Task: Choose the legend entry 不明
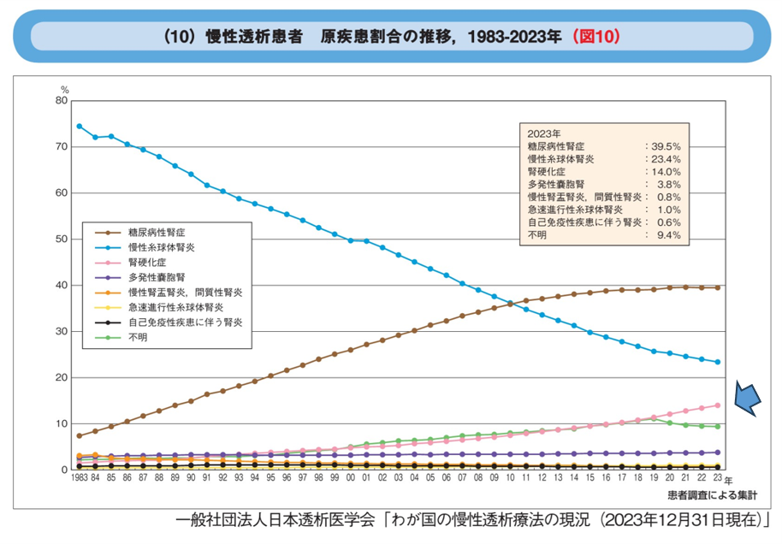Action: coord(138,339)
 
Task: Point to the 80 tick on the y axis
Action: coord(61,100)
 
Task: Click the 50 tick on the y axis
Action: coord(61,239)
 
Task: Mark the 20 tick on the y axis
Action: coord(61,377)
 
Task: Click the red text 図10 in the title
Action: coord(598,37)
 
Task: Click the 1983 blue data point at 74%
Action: coord(79,126)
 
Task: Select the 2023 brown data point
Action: coord(717,287)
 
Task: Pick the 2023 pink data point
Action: coord(717,405)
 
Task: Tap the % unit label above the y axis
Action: coord(64,89)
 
